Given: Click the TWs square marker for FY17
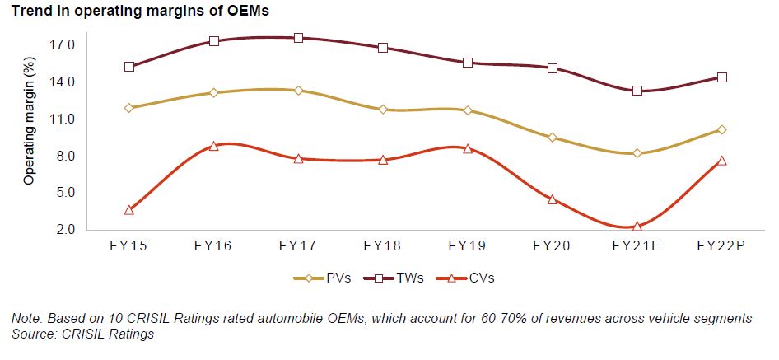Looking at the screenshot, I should click(x=298, y=38).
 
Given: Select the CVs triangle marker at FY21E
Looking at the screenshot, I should click(x=637, y=226).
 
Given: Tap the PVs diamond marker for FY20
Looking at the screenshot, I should click(x=553, y=138).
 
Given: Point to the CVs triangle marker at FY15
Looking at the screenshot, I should click(x=129, y=210).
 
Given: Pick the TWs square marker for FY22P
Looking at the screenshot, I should click(x=722, y=77).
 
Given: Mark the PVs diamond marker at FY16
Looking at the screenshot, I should click(x=213, y=93).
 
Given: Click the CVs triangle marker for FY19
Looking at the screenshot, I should click(x=468, y=149).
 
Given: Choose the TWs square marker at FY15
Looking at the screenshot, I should click(x=129, y=67).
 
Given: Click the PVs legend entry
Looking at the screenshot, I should click(x=323, y=278).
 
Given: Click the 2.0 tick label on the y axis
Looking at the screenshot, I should click(x=65, y=230).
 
